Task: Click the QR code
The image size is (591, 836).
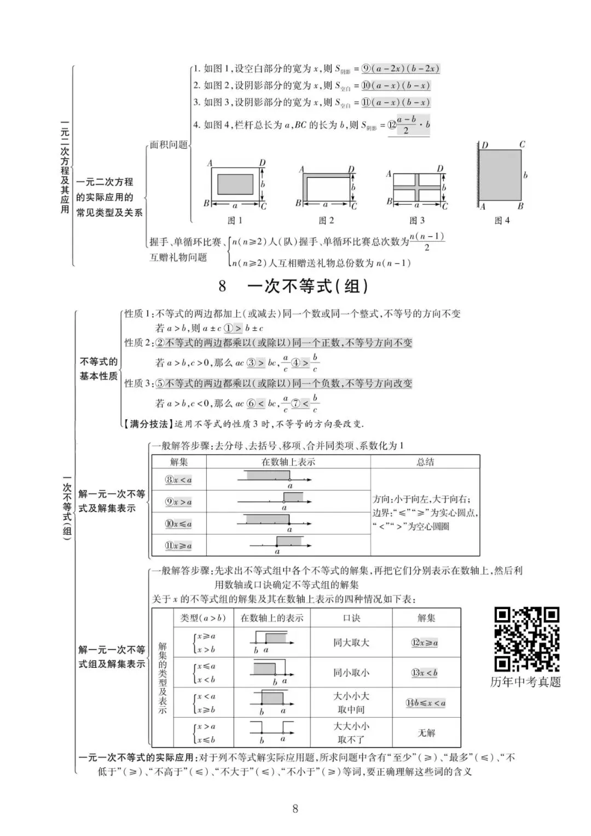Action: [527, 639]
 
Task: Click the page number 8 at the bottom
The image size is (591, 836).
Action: [296, 809]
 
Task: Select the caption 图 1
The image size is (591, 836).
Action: [235, 220]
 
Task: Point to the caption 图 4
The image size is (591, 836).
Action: [502, 220]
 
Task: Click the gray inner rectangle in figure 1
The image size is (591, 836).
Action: [235, 185]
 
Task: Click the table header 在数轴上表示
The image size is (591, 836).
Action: [288, 462]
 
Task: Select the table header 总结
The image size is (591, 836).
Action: [425, 462]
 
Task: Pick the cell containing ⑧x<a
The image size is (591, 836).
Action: [179, 480]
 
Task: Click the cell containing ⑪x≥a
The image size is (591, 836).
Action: [179, 546]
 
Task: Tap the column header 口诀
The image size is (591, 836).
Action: [351, 618]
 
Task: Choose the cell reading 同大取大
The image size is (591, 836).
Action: [351, 643]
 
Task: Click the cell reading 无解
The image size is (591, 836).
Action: [426, 732]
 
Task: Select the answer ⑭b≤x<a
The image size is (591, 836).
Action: [426, 703]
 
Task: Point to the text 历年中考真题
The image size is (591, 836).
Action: [526, 682]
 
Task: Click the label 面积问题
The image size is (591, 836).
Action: [169, 145]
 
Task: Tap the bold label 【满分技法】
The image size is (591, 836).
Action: [149, 423]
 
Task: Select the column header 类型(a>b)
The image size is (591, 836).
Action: [203, 618]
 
